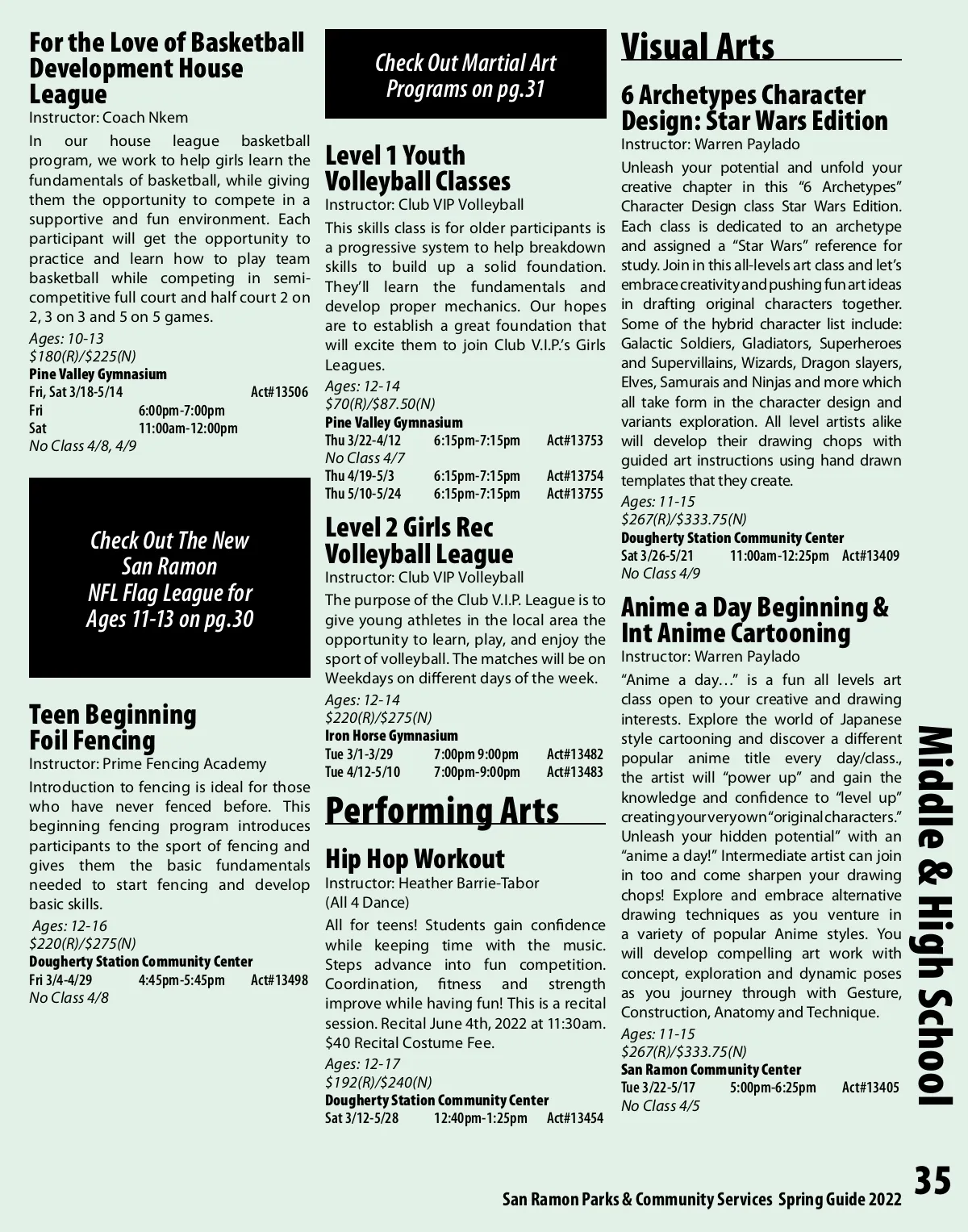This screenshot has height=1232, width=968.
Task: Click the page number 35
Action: point(933,1181)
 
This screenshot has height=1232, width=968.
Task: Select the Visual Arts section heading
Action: point(697,47)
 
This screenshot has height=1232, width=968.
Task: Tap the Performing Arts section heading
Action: point(442,810)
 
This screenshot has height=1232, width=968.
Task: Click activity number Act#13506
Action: point(279,392)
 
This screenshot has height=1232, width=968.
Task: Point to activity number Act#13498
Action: point(279,980)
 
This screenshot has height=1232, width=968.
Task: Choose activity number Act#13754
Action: point(574,476)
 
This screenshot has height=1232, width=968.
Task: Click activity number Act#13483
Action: point(574,772)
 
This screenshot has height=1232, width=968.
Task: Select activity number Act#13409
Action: point(870,556)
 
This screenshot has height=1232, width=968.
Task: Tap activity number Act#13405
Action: point(870,1088)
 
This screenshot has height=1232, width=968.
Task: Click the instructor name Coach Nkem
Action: point(145,118)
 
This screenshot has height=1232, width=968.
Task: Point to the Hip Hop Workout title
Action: point(415,858)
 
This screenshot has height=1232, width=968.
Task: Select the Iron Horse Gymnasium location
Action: point(391,736)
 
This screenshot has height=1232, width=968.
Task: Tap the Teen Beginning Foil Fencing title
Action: point(113,727)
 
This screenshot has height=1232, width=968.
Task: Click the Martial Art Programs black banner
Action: point(465,75)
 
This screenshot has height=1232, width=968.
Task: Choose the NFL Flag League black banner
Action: point(169,578)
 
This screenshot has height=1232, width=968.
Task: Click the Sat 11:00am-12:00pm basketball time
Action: point(187,428)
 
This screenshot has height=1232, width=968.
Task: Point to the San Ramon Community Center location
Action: point(711,1070)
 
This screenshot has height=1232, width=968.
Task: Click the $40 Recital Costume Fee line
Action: point(410,1042)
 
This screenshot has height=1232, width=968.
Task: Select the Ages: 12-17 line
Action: point(362,1063)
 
